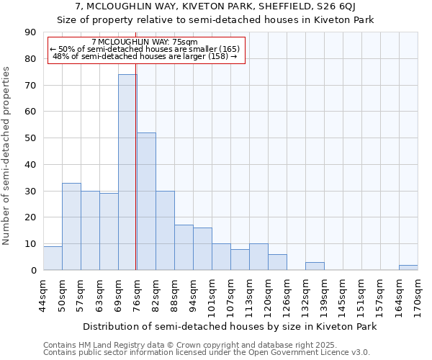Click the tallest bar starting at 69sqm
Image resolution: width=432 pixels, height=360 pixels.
point(127,172)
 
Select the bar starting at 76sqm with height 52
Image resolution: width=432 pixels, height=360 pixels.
point(146,202)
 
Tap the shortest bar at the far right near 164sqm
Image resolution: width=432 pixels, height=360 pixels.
point(408,268)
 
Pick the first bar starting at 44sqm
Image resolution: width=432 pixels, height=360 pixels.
point(53,258)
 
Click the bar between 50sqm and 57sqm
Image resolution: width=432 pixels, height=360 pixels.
point(71,227)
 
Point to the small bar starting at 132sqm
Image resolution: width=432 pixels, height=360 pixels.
point(315,266)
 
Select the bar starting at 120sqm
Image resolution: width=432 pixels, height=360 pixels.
point(277,262)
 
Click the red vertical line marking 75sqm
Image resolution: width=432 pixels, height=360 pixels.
point(136,180)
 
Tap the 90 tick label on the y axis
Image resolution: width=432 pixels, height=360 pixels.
point(30,32)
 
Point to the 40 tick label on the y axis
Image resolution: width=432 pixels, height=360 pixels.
point(30,165)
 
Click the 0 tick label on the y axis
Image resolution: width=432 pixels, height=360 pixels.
point(33,271)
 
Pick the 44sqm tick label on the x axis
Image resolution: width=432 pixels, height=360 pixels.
point(44,295)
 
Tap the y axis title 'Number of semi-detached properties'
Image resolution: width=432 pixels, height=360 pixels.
point(7,156)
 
